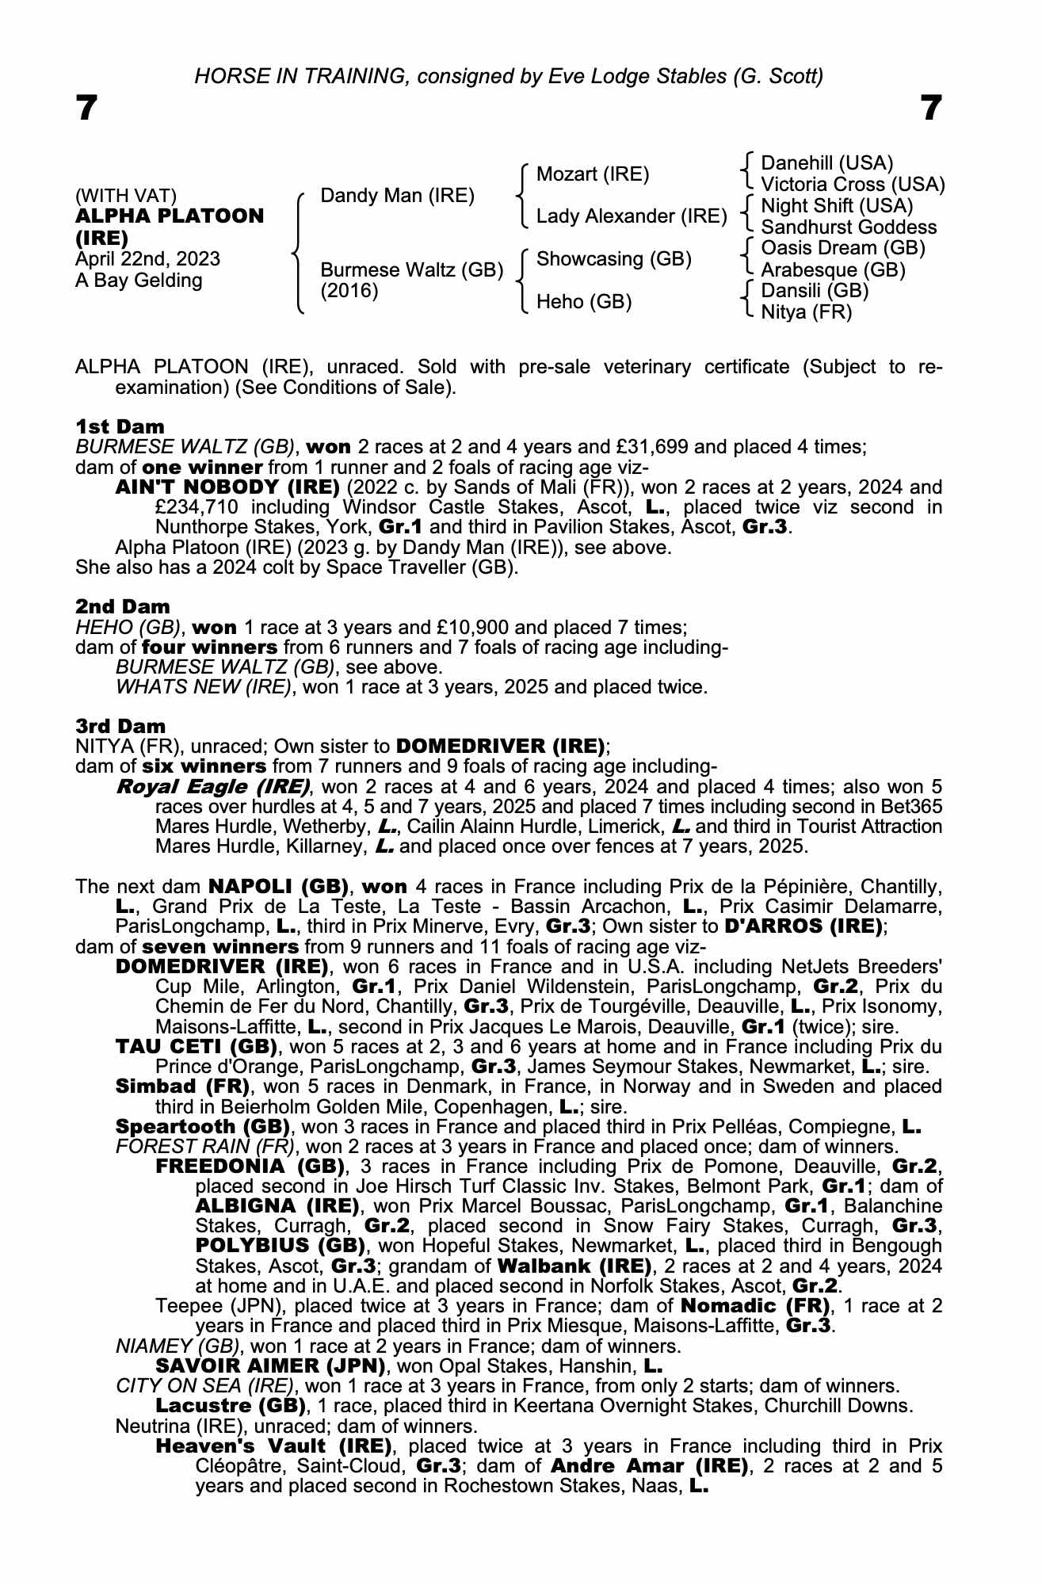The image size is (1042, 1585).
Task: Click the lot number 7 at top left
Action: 86,108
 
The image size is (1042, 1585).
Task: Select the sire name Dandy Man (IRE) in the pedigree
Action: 397,196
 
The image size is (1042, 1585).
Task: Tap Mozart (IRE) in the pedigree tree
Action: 593,174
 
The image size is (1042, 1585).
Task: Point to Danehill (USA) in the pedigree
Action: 826,163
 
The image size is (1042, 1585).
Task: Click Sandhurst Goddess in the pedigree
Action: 848,227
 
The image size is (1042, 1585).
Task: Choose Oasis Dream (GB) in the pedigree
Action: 843,248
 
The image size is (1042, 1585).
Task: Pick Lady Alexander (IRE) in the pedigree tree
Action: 632,216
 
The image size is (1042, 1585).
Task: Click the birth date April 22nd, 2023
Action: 147,259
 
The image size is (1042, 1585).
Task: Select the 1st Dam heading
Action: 120,427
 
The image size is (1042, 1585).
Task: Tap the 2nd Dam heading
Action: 122,607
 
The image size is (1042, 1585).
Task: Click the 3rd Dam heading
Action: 120,726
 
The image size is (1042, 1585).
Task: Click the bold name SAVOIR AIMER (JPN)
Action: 270,1366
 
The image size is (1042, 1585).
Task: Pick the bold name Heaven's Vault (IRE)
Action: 273,1446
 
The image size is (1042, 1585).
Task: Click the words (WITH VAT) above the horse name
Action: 126,196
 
